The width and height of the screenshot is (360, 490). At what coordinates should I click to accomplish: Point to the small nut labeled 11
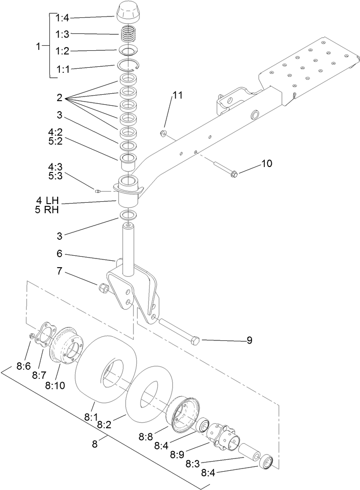(x=163, y=133)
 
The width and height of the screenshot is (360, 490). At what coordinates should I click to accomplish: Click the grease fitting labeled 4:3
(x=97, y=191)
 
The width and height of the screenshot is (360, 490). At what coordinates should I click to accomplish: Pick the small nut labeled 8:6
(x=31, y=337)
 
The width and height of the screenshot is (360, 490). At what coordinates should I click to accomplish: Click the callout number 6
(x=59, y=253)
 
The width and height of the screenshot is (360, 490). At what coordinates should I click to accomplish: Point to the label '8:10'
(x=55, y=385)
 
